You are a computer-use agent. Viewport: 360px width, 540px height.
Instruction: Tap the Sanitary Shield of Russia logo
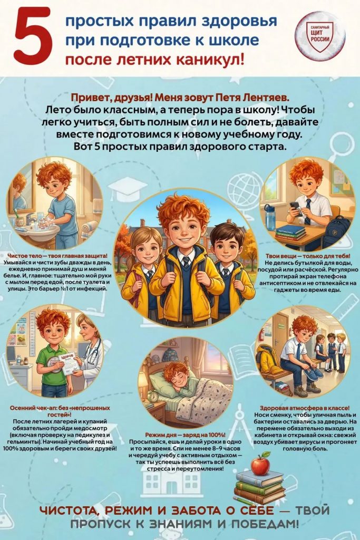pyautogui.click(x=320, y=36)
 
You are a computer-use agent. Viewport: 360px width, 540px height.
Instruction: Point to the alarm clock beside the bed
pyautogui.click(x=153, y=397)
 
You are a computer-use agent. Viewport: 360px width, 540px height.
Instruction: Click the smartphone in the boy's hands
pyautogui.click(x=295, y=208)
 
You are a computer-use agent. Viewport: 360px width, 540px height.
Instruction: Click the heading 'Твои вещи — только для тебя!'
pyautogui.click(x=308, y=256)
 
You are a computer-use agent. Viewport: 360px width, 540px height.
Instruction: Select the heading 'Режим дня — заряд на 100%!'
pyautogui.click(x=185, y=435)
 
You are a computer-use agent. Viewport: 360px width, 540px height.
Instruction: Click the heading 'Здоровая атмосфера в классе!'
pyautogui.click(x=305, y=408)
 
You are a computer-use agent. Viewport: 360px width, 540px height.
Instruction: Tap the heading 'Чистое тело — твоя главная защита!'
pyautogui.click(x=57, y=256)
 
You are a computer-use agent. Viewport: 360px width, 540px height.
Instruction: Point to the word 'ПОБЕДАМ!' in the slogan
pyautogui.click(x=265, y=524)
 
